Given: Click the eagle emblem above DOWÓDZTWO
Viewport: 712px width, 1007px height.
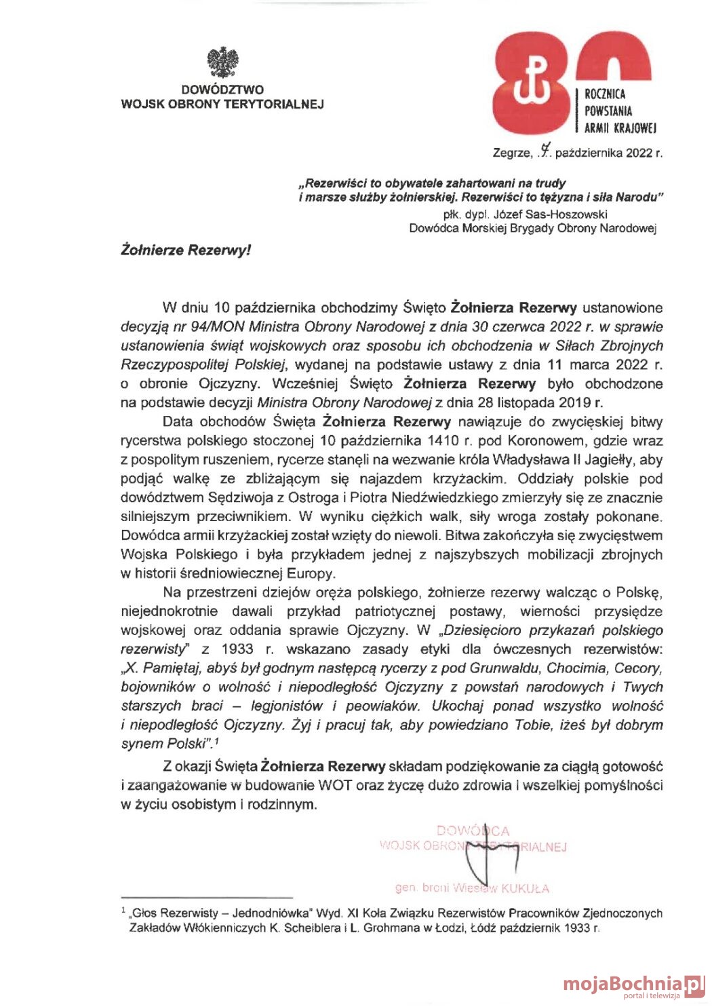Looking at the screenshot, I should point(222,62).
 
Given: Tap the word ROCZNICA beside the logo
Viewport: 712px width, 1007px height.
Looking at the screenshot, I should point(605,94).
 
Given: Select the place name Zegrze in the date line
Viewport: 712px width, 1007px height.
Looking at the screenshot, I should point(512,153).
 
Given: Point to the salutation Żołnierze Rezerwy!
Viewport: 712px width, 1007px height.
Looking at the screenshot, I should point(186,250).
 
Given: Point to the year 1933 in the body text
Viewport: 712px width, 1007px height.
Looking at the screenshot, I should point(237,649).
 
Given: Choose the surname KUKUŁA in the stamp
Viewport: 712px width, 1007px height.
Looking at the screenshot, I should point(525,888).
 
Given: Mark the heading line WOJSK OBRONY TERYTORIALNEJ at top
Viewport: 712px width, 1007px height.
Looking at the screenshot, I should point(222,104).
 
